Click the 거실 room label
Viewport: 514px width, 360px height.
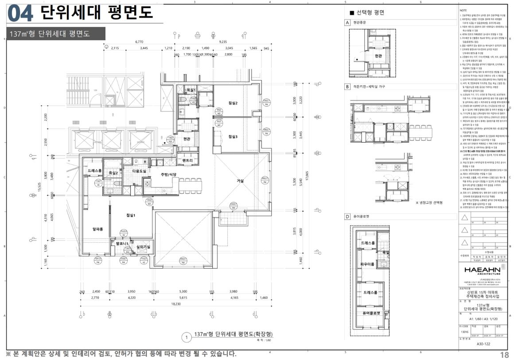click(240, 181)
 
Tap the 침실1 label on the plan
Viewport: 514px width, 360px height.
click(131, 215)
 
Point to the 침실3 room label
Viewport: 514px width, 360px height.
click(233, 136)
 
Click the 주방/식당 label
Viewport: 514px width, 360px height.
click(168, 174)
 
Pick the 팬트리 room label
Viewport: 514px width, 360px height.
click(187, 160)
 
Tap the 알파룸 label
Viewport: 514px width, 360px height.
click(97, 229)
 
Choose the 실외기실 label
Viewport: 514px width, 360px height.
click(143, 247)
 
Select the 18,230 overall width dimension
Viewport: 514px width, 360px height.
click(175, 304)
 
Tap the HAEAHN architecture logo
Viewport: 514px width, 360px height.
click(482, 270)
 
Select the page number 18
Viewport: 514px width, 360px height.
click(504, 355)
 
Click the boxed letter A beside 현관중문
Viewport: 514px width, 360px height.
click(348, 22)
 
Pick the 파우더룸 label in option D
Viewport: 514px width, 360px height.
click(368, 265)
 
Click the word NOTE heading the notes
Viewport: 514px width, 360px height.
click(464, 9)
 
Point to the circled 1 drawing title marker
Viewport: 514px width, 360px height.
click(187, 338)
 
